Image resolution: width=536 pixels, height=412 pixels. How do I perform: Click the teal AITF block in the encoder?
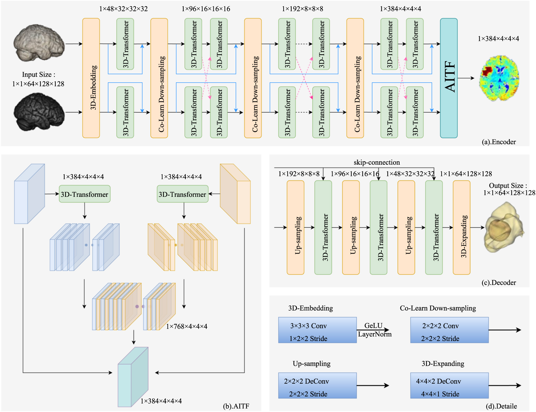tap(448, 78)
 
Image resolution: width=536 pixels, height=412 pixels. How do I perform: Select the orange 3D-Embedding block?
tap(91, 78)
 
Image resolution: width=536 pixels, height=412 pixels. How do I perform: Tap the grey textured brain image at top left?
tap(39, 43)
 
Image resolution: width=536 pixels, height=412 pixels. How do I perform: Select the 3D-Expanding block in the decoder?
tap(461, 228)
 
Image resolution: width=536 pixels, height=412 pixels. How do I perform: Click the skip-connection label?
tap(376, 162)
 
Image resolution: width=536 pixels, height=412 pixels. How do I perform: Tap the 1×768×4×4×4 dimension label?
tap(186, 326)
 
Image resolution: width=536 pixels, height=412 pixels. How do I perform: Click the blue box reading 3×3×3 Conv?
tap(317, 330)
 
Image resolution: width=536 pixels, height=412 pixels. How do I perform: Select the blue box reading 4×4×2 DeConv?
tap(449, 385)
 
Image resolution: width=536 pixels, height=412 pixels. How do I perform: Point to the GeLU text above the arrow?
tap(373, 326)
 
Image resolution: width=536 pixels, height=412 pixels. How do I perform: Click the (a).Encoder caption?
tap(499, 142)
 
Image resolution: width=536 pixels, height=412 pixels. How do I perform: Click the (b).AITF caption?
tap(236, 406)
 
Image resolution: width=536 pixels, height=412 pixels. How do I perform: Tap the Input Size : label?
tap(38, 75)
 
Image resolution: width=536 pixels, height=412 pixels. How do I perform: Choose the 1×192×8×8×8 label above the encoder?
tap(302, 9)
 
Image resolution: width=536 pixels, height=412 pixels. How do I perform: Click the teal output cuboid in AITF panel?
tap(132, 377)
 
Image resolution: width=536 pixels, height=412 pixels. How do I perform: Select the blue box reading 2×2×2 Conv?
tap(449, 330)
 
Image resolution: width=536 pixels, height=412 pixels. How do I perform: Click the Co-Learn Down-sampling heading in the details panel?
tap(438, 308)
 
